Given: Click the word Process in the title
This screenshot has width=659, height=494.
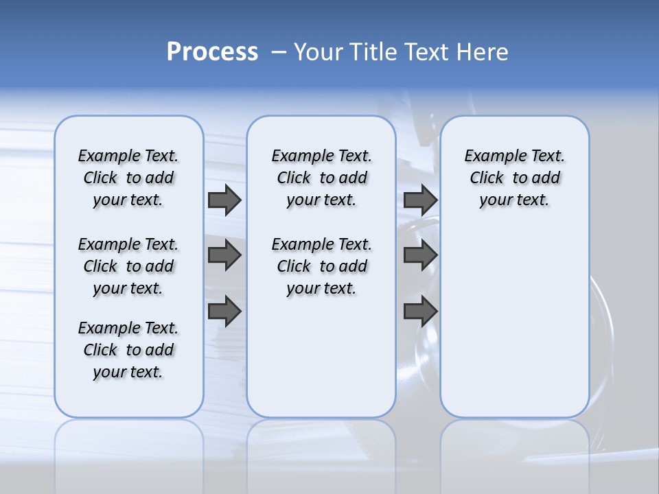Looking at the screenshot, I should (212, 52).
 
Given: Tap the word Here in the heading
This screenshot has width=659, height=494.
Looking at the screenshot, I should (483, 52).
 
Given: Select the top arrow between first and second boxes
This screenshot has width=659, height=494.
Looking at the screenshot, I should (224, 200).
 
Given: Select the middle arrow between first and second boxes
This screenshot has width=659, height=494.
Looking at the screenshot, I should (224, 256).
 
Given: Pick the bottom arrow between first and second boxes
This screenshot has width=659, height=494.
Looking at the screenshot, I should (224, 311).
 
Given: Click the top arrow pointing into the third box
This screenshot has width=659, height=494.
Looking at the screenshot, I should (420, 200).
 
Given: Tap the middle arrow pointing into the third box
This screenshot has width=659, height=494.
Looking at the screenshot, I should (420, 256).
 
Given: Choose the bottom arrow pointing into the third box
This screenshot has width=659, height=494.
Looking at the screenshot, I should (420, 311).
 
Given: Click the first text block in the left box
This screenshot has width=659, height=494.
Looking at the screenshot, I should (128, 178).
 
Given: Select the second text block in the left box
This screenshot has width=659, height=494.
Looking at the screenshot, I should (128, 266).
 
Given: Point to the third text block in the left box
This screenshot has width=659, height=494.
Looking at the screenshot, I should (128, 350).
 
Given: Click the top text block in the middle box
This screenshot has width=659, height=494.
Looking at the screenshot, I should (321, 178).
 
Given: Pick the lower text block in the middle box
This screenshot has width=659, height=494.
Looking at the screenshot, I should (321, 266).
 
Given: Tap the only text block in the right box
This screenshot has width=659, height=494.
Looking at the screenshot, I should (514, 178).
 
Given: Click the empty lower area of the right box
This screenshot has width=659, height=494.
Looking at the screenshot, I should (514, 329).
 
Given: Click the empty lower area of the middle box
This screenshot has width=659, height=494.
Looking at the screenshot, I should (321, 364).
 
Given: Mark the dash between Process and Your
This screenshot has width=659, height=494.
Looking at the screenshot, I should (278, 53).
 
